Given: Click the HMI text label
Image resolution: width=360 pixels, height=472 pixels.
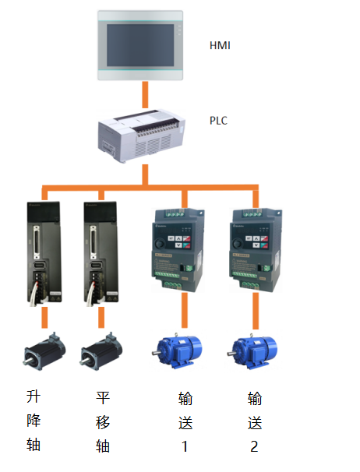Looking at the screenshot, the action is tap(220, 45).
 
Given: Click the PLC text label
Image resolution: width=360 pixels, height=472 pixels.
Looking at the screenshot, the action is tap(218, 121).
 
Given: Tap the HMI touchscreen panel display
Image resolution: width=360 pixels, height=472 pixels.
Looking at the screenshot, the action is tap(140, 45).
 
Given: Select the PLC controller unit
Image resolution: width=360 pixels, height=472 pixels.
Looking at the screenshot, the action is tap(142, 136).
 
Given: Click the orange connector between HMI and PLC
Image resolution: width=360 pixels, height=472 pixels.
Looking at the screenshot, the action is tap(145, 94).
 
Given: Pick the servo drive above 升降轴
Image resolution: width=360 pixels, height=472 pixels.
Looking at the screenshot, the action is tap(44, 253).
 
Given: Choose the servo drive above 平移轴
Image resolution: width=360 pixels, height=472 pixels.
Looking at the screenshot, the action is tap(101, 253).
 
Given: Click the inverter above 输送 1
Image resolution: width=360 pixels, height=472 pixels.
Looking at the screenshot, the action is tap(178, 250).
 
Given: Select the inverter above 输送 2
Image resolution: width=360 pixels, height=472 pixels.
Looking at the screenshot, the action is tap(256, 250).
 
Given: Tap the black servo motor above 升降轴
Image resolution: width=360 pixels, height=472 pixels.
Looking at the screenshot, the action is tap(44, 351).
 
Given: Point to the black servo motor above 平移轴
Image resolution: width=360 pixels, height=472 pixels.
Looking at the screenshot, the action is tap(101, 351).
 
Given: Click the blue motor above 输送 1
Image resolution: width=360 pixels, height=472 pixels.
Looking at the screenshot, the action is tap(177, 351).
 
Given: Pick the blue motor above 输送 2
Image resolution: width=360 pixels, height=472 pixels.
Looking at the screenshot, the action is tap(252, 351).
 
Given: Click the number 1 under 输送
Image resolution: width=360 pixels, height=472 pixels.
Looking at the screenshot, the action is tap(185, 446).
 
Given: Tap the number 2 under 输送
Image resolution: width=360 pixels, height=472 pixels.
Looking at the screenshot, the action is tap(254, 446).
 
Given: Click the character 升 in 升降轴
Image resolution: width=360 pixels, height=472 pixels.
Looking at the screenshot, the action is tap(34, 396).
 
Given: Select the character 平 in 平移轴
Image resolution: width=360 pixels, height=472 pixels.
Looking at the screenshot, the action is tap(103, 398).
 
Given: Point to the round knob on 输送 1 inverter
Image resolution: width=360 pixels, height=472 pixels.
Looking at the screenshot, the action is tap(160, 243).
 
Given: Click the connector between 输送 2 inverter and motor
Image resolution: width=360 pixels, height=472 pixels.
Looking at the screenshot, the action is tap(256, 311).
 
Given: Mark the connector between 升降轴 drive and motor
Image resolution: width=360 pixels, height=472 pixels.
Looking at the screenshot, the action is tap(44, 317).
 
